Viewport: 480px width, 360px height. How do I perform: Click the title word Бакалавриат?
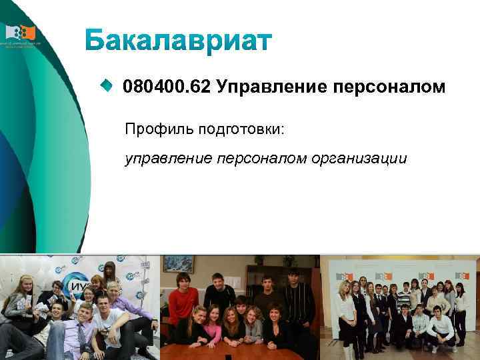pyautogui.click(x=179, y=41)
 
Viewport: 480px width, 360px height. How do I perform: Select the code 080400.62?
pyautogui.click(x=165, y=87)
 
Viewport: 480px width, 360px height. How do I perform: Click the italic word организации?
pyautogui.click(x=359, y=159)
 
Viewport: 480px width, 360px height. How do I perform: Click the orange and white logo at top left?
pyautogui.click(x=21, y=33)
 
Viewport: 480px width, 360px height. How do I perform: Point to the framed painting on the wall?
pyautogui.click(x=178, y=264)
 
